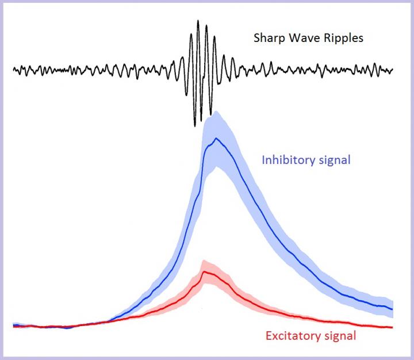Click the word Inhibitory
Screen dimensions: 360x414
pos(287,159)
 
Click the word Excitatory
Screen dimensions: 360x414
pos(293,336)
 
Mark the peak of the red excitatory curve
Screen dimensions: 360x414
pos(205,271)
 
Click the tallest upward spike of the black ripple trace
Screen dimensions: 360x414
pos(198,21)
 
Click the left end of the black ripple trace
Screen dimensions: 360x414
pos(14,70)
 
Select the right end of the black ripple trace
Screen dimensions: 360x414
pos(393,70)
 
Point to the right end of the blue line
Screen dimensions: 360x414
pos(392,309)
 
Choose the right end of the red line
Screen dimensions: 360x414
pos(392,327)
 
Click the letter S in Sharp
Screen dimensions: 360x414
pos(257,39)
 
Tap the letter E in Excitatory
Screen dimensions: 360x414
pos(269,336)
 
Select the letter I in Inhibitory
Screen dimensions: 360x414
pos(264,159)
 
